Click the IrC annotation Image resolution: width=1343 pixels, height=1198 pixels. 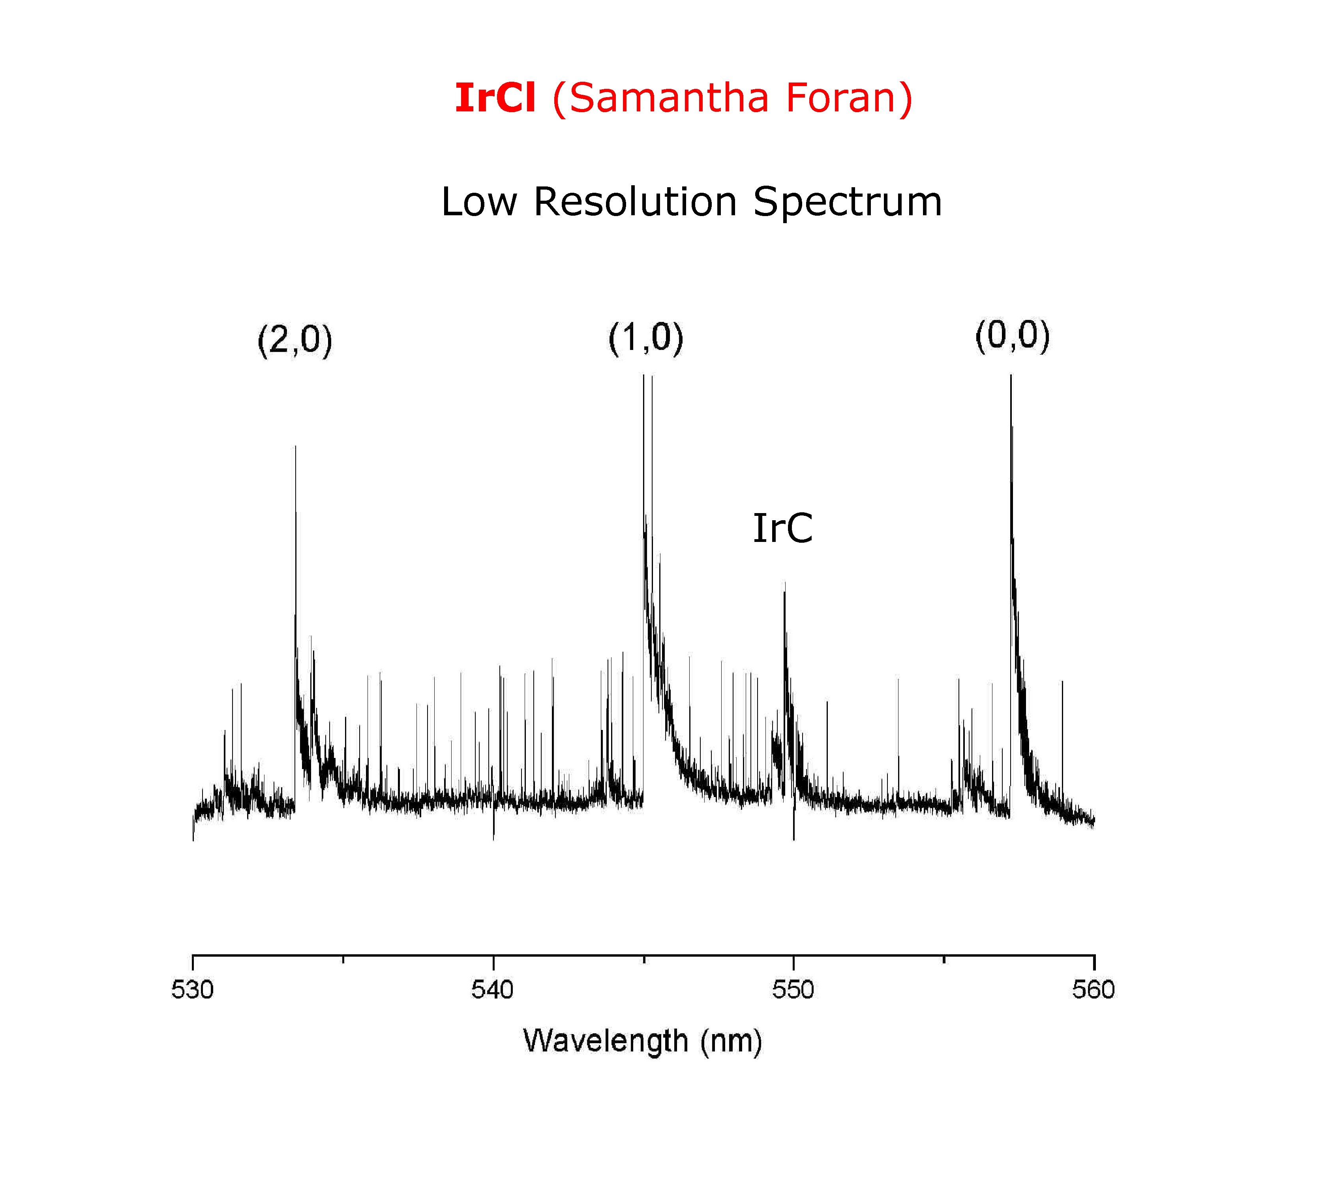(x=782, y=528)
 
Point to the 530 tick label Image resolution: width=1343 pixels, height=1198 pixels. (x=192, y=990)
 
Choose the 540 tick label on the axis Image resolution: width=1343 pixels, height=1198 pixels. (x=492, y=990)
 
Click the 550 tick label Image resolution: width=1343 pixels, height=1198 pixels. (x=793, y=990)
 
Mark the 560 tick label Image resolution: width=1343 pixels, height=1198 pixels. (x=1094, y=990)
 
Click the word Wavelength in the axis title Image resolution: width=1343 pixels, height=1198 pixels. (x=605, y=1041)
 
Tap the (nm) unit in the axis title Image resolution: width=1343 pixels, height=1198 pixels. (x=731, y=1041)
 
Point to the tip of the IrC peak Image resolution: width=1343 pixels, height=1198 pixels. (x=784, y=583)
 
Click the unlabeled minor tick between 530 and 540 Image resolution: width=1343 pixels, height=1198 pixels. (x=343, y=959)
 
